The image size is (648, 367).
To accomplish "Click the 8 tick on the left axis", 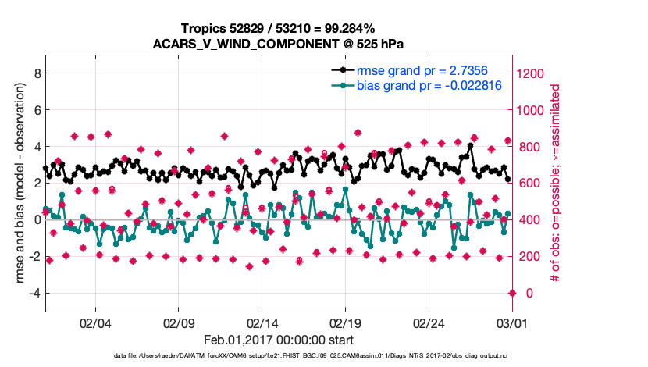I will pos(37,73).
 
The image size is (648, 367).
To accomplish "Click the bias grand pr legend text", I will pos(424,85).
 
